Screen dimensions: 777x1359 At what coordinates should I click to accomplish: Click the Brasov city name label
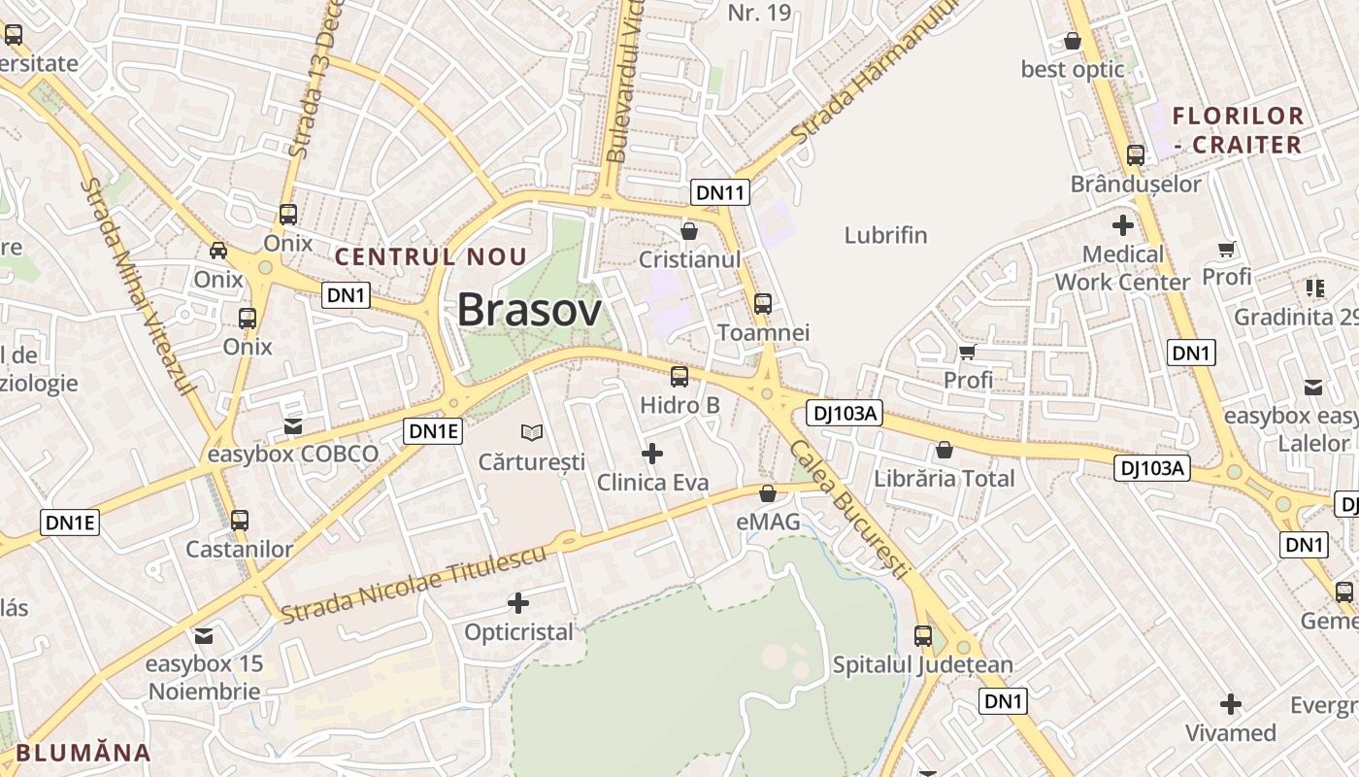[529, 310]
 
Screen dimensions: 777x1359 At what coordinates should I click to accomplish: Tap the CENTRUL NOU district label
[431, 257]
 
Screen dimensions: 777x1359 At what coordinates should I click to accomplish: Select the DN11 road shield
[720, 192]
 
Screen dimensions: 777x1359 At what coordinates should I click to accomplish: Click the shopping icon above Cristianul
[689, 231]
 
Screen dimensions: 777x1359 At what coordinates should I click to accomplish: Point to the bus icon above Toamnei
[763, 304]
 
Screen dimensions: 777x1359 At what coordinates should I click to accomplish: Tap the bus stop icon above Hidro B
[679, 377]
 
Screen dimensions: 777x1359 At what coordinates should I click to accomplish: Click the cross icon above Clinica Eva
[652, 453]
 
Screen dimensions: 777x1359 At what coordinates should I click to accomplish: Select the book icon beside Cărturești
[532, 432]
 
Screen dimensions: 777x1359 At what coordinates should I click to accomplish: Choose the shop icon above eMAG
[768, 493]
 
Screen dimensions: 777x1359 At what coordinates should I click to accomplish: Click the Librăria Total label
[945, 478]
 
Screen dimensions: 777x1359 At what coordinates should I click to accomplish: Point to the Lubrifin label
[885, 235]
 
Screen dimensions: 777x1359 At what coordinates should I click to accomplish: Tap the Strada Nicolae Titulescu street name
[414, 584]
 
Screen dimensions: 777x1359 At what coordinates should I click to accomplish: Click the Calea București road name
[849, 510]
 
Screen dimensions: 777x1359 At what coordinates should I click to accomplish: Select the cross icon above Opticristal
[518, 603]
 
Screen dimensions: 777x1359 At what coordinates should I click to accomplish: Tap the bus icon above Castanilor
[240, 521]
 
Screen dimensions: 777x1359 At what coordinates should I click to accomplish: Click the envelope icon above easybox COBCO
[292, 426]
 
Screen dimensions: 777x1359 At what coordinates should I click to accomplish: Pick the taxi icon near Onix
[218, 251]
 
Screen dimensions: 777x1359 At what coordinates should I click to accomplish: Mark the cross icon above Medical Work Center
[1122, 225]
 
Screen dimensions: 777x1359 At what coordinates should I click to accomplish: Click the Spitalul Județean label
[922, 665]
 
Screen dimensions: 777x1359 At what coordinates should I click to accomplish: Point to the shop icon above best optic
[1073, 41]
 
